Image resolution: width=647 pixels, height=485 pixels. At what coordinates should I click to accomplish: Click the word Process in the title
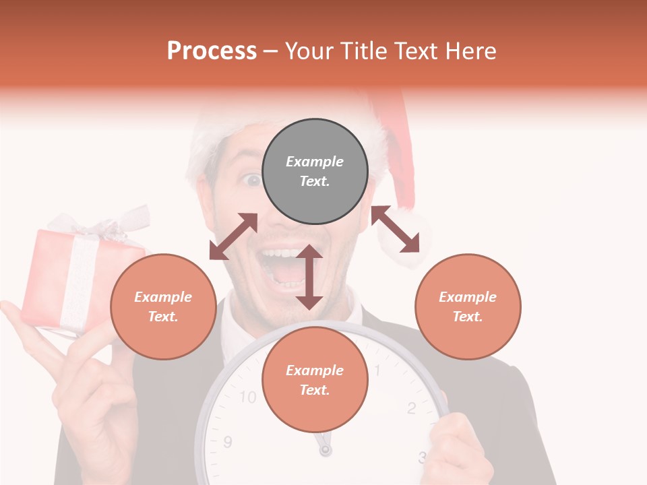tap(212, 51)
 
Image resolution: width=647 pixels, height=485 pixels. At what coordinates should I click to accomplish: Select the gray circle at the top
tap(315, 172)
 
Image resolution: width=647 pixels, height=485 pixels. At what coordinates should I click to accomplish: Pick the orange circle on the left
tap(163, 306)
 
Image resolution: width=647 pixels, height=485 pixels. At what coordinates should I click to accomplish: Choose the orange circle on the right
tap(468, 306)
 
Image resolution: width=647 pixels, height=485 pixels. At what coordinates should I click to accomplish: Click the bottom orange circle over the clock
tap(315, 380)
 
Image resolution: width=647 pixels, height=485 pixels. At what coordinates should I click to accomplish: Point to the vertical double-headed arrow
tap(309, 277)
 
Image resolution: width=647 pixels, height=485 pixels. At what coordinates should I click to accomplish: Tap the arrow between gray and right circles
tap(395, 229)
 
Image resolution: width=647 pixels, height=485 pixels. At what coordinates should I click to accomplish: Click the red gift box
tap(74, 280)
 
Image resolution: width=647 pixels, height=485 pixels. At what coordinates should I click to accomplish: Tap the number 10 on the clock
tap(248, 397)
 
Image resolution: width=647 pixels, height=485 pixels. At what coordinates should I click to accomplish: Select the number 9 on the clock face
tap(228, 442)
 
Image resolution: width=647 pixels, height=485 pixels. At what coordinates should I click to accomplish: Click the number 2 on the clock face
tap(411, 407)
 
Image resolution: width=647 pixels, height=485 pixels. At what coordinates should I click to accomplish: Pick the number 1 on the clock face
tap(377, 370)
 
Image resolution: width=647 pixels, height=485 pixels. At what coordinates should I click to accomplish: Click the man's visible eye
tap(252, 181)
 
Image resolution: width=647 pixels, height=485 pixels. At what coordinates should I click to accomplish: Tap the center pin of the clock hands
tap(326, 449)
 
